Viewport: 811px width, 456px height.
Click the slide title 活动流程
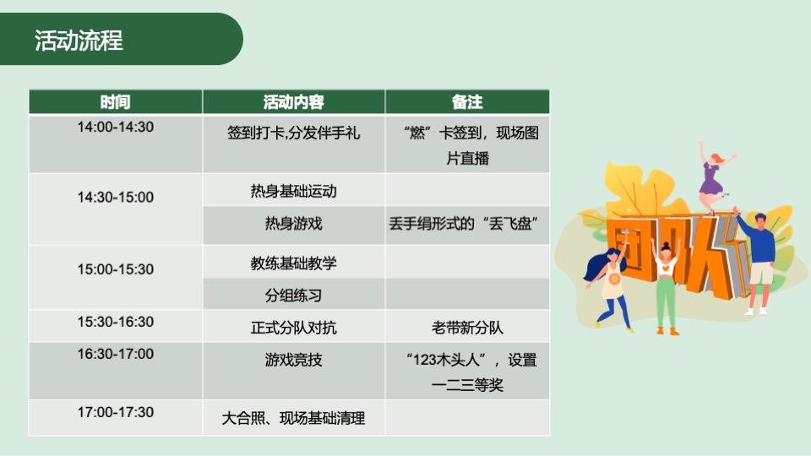tap(79, 41)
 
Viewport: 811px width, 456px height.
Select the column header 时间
tap(115, 102)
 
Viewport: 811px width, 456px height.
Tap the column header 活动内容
tap(293, 102)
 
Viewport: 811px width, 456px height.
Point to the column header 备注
tap(467, 102)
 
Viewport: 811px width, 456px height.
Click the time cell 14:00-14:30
tap(116, 128)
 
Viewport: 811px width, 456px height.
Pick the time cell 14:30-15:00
tap(116, 197)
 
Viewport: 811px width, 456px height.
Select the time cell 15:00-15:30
tap(116, 269)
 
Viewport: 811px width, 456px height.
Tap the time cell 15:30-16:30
tap(116, 322)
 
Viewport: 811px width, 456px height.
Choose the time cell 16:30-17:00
tap(116, 354)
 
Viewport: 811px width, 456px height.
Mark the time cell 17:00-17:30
tap(116, 412)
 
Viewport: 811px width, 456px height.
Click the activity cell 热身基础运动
tap(293, 191)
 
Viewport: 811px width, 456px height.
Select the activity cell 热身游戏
tap(293, 224)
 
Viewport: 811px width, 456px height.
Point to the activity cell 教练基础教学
tap(293, 263)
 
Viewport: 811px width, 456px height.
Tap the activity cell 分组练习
tap(293, 296)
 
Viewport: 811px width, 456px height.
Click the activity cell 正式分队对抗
tap(293, 327)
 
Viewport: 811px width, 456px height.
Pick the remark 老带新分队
tap(467, 327)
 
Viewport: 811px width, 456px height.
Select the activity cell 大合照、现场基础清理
tap(293, 418)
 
